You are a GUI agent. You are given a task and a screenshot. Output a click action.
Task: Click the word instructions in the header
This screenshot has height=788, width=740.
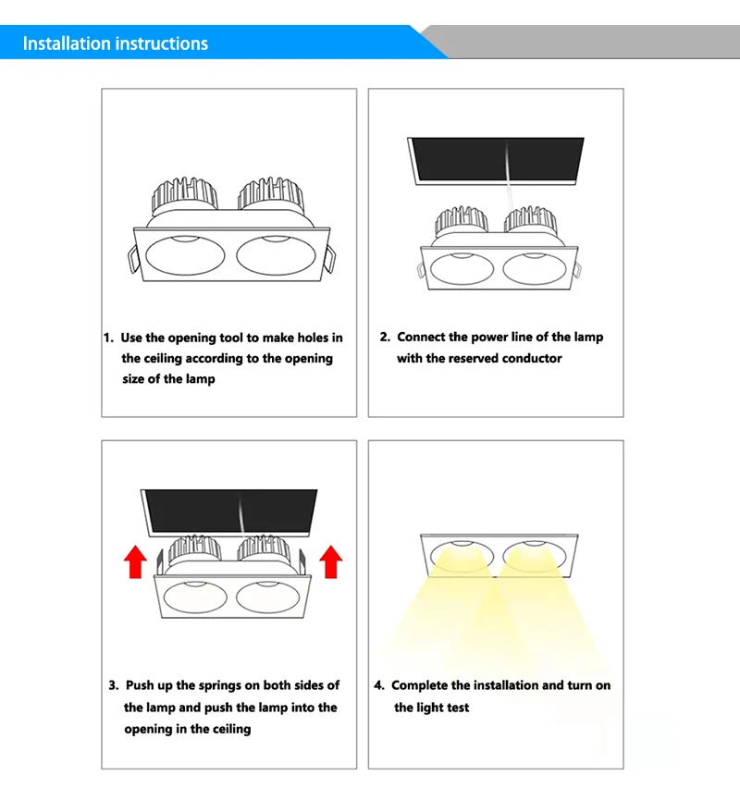(x=163, y=43)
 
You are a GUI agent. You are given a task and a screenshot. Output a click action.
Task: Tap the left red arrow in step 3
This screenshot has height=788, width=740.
(x=136, y=560)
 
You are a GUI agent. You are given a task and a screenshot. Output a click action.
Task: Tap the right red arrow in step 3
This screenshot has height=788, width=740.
(x=330, y=560)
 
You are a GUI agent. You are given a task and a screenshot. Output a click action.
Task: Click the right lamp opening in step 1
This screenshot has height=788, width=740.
(x=277, y=256)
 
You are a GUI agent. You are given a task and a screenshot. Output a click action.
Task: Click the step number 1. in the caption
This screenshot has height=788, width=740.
(x=108, y=339)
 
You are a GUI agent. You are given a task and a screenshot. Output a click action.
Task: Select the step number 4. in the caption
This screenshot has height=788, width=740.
(x=379, y=685)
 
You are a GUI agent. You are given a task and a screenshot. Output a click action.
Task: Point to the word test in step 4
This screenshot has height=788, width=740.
(x=457, y=708)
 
